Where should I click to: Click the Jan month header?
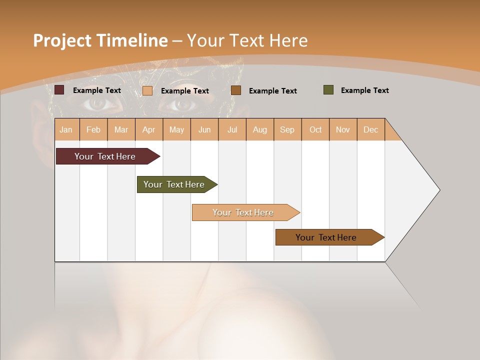tap(66, 129)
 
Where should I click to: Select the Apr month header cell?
tap(149, 129)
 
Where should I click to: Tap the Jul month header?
tap(232, 129)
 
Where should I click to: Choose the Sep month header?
tap(287, 129)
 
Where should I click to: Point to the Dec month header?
tap(370, 129)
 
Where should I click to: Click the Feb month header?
tap(93, 129)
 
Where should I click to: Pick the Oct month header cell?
tap(315, 129)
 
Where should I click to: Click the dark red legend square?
tap(59, 90)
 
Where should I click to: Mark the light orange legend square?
tap(147, 90)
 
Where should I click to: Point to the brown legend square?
tap(236, 90)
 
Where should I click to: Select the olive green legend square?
tap(328, 90)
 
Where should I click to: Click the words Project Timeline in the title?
tap(100, 40)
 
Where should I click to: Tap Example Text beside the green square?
tap(365, 90)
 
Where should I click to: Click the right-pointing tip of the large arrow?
tap(438, 190)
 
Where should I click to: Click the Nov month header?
tap(343, 129)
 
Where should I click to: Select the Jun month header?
tap(204, 129)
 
